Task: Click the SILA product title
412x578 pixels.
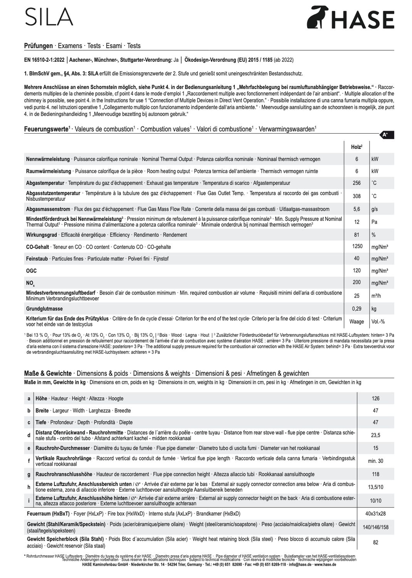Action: pos(49,17)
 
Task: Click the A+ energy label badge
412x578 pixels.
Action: pos(385,134)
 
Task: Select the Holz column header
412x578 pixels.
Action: pos(357,147)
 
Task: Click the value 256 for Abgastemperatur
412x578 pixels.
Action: pos(357,183)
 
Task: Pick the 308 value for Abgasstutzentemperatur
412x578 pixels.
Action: pos(357,196)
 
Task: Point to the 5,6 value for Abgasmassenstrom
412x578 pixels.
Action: pos(357,209)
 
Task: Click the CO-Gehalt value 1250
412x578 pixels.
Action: pos(357,247)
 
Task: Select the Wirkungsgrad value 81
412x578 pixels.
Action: pos(357,235)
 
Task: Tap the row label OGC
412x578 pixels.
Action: pos(31,271)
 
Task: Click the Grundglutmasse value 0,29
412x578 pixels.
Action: pos(357,309)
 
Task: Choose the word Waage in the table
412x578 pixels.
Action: pos(357,321)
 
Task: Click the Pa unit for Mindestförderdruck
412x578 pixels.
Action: pos(374,222)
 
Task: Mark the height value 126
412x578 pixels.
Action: pos(375,398)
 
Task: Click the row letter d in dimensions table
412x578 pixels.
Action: pos(29,435)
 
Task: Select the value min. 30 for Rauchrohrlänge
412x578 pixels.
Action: pos(375,461)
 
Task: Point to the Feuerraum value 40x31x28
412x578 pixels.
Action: pos(375,514)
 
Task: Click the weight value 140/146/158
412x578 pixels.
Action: pos(375,527)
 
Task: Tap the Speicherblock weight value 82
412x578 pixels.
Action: pos(375,542)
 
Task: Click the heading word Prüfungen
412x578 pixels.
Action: pos(38,46)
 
